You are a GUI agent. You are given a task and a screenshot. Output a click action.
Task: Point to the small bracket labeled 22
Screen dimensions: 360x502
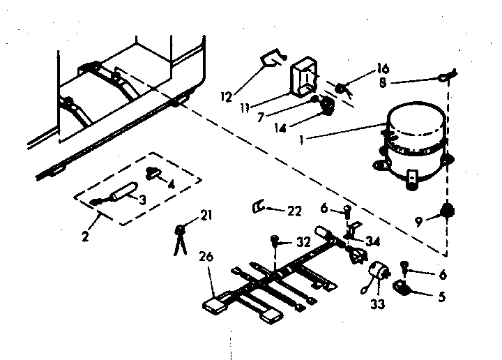tap(258, 207)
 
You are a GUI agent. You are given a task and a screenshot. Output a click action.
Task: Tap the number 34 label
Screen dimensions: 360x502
tap(373, 242)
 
